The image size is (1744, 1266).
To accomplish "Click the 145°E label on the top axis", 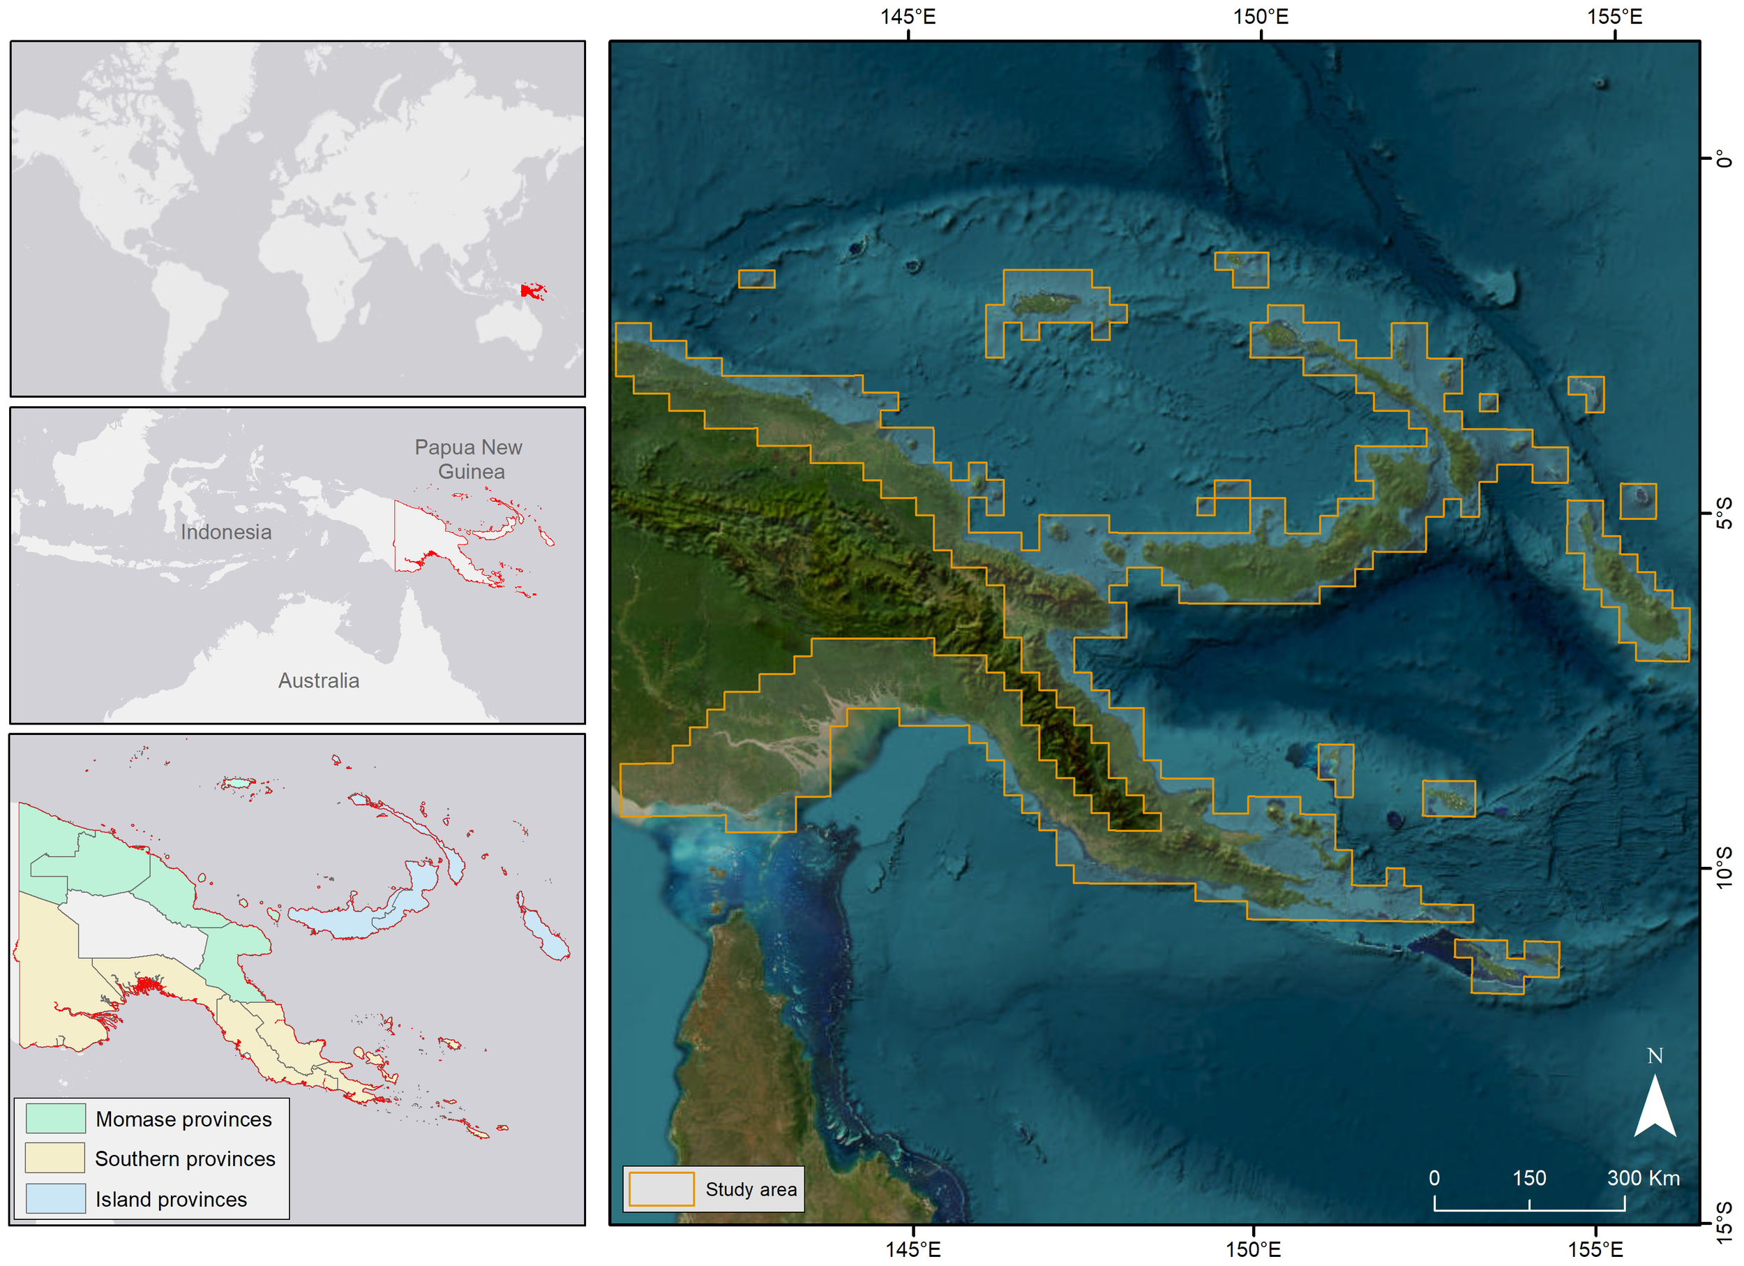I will tap(908, 16).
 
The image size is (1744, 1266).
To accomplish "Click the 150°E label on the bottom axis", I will tap(1253, 1249).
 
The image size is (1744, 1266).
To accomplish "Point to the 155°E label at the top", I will tap(1614, 16).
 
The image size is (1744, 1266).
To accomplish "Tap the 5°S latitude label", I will tap(1724, 513).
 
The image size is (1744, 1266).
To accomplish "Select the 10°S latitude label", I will tap(1724, 867).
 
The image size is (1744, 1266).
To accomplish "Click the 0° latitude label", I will tap(1724, 158).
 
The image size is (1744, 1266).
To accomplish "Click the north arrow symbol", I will tap(1654, 1108).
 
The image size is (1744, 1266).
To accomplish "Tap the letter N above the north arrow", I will tap(1655, 1056).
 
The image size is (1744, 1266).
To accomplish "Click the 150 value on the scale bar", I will tap(1528, 1177).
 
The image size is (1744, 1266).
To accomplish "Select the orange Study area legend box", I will tap(661, 1189).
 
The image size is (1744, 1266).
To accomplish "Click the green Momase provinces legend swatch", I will tap(55, 1118).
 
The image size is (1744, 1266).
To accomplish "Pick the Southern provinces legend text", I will tap(185, 1159).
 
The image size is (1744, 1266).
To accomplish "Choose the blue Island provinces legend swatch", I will tap(55, 1198).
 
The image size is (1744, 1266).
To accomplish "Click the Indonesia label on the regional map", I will tap(225, 532).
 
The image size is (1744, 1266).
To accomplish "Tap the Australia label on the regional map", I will tap(318, 680).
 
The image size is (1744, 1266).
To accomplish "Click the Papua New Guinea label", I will tap(468, 459).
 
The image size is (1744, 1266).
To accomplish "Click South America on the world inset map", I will tap(188, 315).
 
